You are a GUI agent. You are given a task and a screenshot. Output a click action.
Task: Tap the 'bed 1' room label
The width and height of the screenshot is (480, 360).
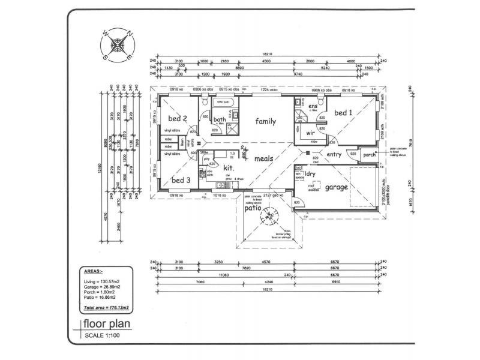click(x=343, y=113)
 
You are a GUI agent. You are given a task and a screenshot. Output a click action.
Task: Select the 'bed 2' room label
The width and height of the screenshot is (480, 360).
click(x=178, y=118)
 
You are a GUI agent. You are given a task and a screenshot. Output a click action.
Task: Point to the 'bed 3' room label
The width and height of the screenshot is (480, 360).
click(x=181, y=180)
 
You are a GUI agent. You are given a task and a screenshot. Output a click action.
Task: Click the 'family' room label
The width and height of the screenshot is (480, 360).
click(x=265, y=121)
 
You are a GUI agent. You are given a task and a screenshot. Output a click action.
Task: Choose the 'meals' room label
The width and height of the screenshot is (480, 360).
click(x=265, y=159)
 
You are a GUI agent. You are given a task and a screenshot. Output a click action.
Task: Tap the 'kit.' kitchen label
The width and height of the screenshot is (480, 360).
click(x=228, y=169)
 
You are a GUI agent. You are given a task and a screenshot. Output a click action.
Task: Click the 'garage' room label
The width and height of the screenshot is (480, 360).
click(x=336, y=187)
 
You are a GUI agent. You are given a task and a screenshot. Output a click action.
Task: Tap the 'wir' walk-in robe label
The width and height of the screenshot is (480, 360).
click(x=311, y=133)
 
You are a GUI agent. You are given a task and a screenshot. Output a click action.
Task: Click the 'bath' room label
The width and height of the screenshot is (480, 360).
click(x=220, y=119)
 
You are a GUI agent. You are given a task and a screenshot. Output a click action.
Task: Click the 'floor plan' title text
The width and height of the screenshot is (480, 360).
click(x=106, y=326)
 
